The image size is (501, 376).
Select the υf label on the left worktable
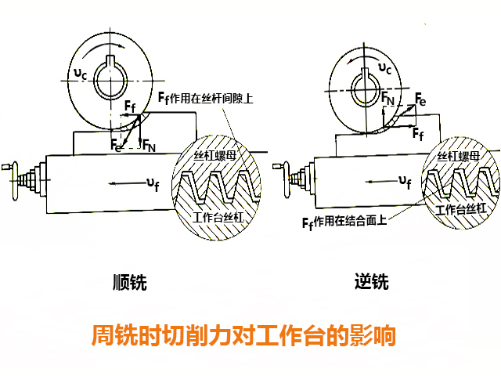point(151,185)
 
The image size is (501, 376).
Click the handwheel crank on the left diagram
point(9,169)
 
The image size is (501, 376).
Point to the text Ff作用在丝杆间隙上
point(210,98)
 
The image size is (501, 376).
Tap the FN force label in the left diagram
point(148,145)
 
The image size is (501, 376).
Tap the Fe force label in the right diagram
point(420,99)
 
